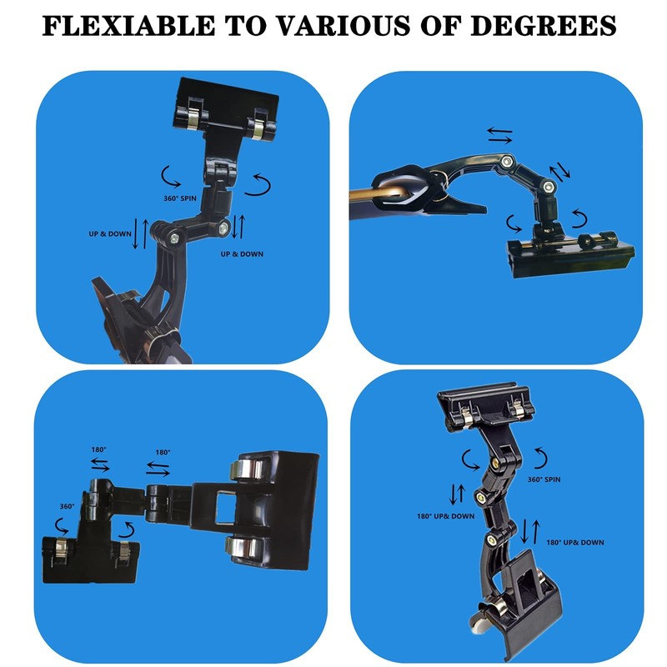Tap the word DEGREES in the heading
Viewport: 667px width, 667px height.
point(544,26)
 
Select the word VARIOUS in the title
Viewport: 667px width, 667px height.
point(344,26)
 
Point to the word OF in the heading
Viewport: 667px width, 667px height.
point(441,26)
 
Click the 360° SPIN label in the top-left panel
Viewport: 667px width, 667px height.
point(180,198)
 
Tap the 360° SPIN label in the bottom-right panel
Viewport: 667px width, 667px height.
point(544,479)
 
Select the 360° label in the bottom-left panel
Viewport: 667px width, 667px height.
point(68,506)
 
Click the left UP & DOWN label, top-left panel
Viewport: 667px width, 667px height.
point(110,233)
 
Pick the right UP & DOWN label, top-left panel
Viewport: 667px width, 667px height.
point(242,254)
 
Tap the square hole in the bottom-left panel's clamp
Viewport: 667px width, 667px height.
point(225,507)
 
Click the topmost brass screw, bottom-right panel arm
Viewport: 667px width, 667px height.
point(496,462)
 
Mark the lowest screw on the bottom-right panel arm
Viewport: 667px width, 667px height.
point(492,540)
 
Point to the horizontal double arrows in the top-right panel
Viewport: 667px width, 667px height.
point(499,135)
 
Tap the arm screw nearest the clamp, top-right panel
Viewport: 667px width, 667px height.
point(506,161)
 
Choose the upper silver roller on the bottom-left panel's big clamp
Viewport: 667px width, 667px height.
point(246,470)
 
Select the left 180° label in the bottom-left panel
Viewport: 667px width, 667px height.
point(98,449)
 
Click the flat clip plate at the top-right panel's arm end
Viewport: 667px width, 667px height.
point(570,255)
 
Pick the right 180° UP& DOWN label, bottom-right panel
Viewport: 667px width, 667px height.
point(575,543)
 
